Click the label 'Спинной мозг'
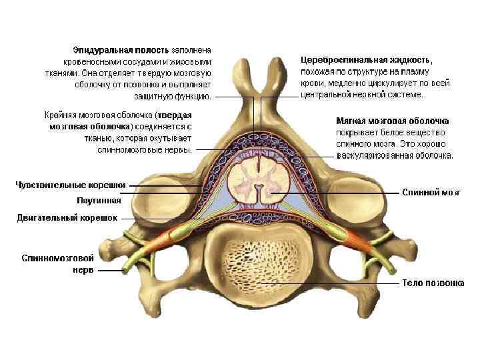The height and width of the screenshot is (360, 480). (x=431, y=192)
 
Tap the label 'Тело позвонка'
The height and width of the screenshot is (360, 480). (x=433, y=283)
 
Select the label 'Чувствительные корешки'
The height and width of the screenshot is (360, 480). (x=71, y=184)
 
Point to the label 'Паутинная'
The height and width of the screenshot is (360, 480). (x=99, y=200)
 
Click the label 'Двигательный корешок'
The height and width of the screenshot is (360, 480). (x=68, y=217)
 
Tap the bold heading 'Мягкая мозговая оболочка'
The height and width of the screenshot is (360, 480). (x=392, y=121)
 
